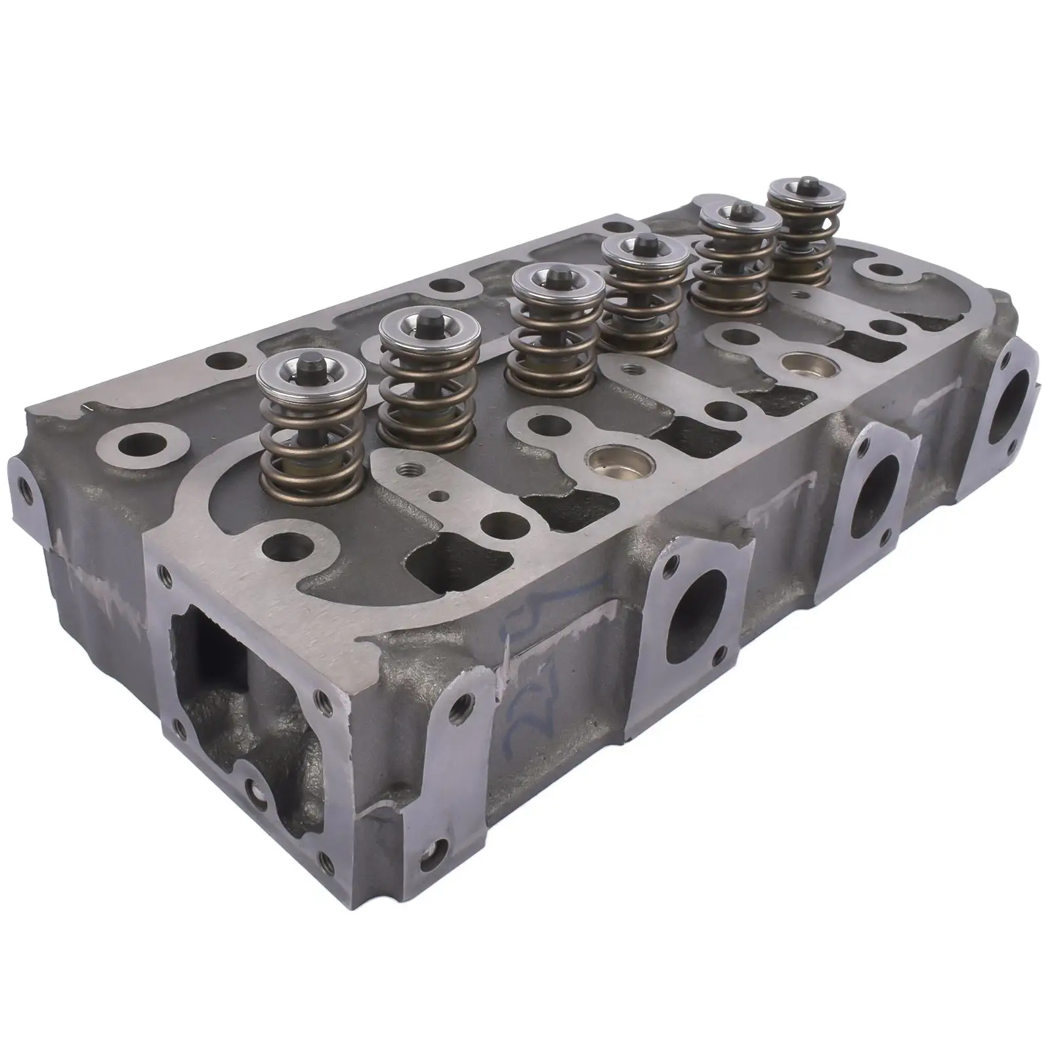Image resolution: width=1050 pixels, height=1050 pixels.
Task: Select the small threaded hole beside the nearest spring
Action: pos(402,471)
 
